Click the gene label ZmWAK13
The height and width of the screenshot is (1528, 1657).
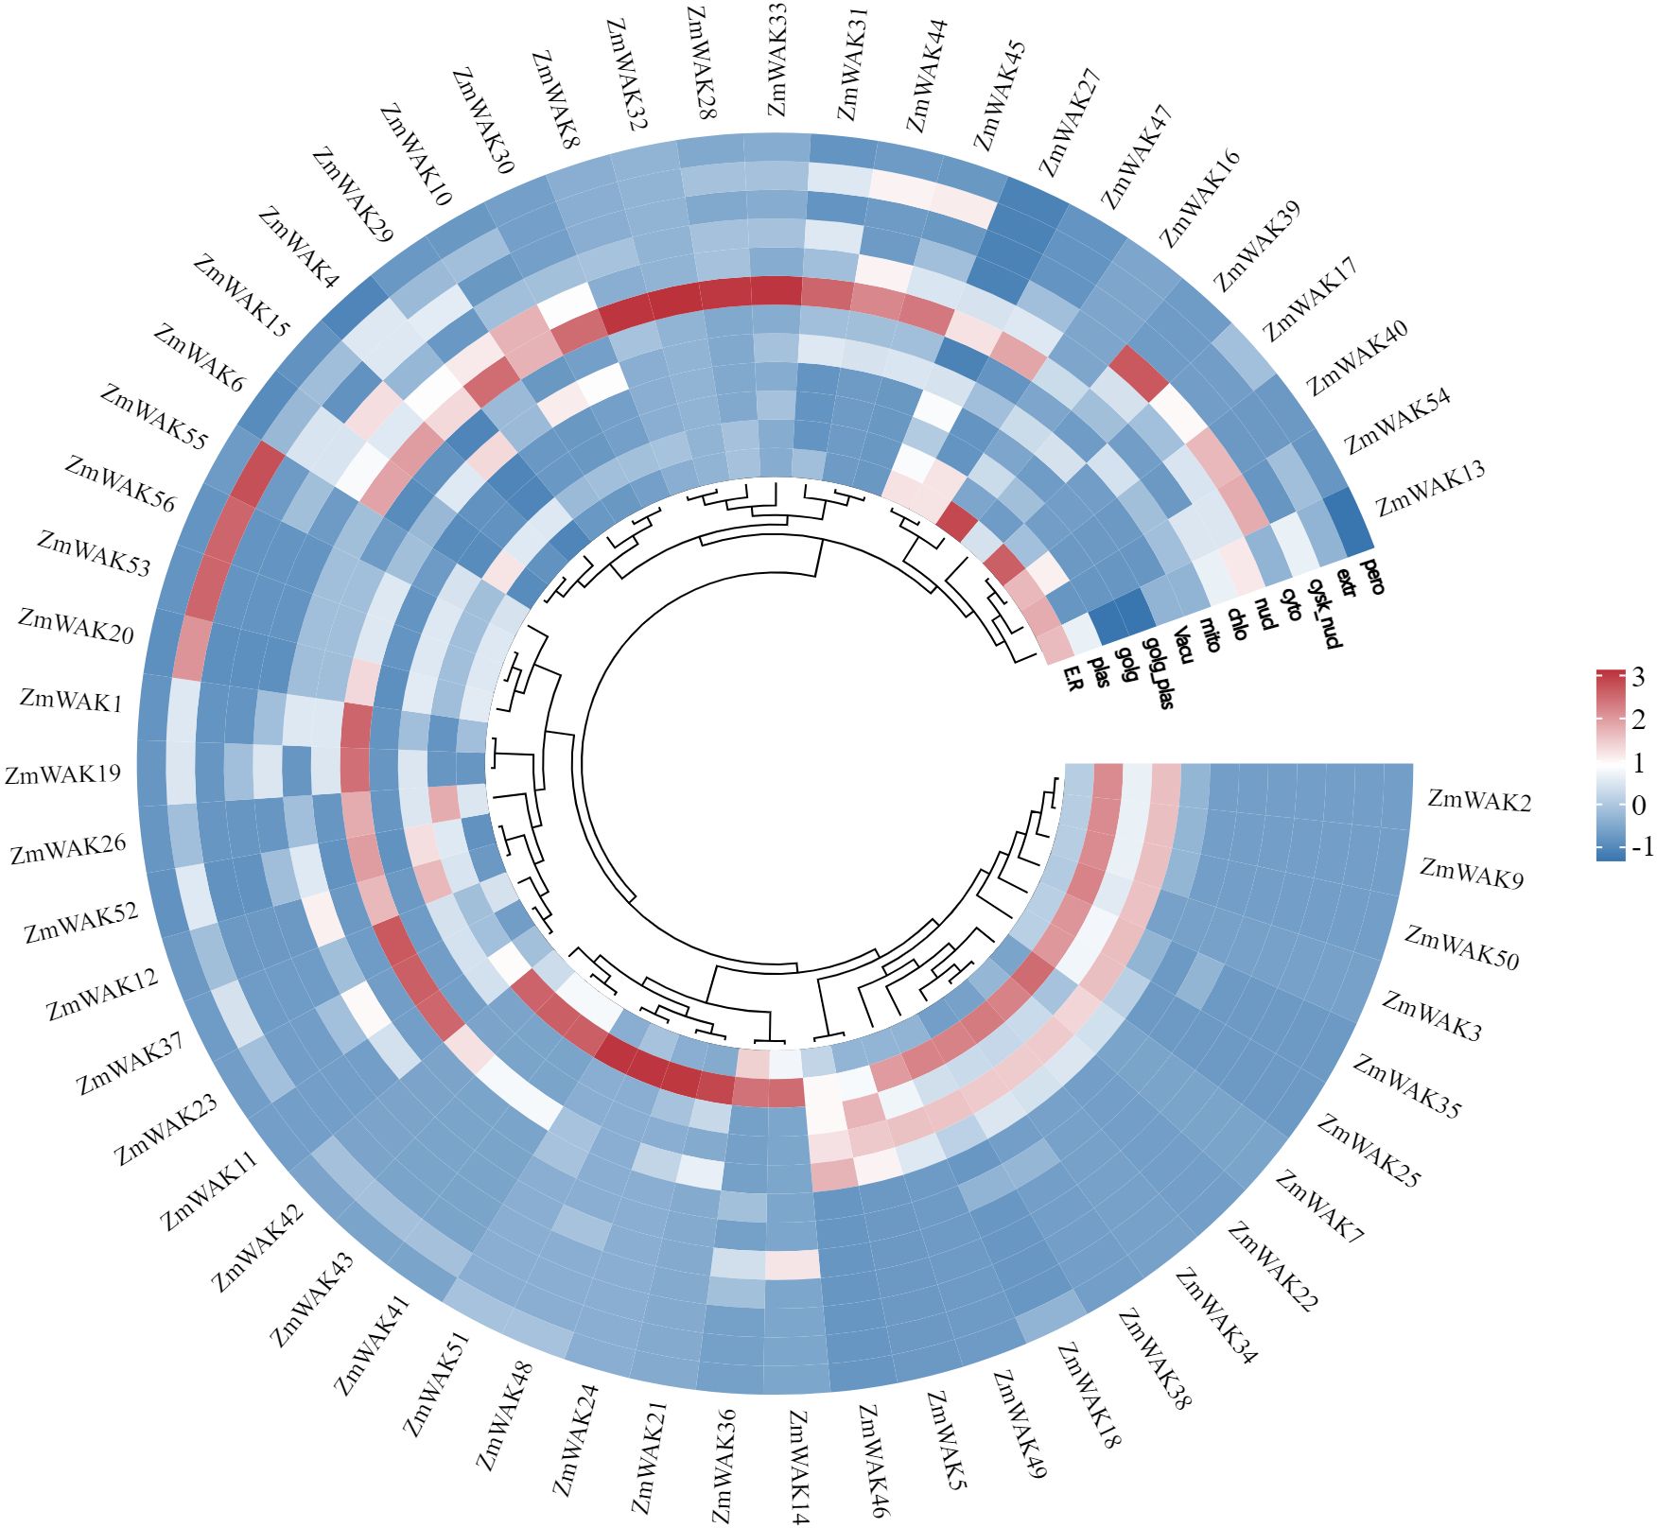click(x=1430, y=488)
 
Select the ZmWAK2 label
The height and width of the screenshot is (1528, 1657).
click(x=1478, y=800)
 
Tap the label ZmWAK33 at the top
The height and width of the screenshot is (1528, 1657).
click(x=776, y=59)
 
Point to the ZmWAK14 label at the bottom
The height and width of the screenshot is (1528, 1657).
click(x=798, y=1467)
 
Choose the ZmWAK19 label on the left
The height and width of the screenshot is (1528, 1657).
click(x=63, y=774)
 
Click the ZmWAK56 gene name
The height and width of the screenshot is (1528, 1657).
click(x=120, y=483)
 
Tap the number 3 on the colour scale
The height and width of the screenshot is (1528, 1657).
click(x=1637, y=677)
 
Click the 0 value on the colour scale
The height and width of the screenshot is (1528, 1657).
click(x=1639, y=805)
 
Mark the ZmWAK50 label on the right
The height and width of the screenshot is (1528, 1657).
click(x=1461, y=948)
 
